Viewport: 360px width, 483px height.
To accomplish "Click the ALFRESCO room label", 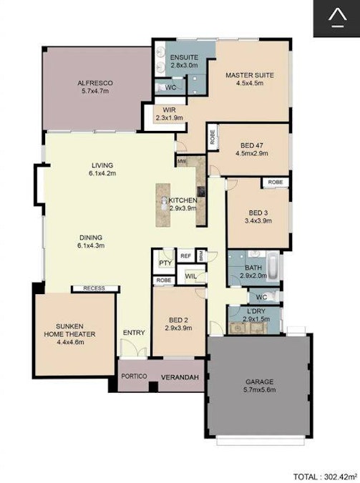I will click(x=97, y=87).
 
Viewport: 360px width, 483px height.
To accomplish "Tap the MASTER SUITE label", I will click(x=249, y=78).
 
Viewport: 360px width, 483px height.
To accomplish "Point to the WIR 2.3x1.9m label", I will click(x=169, y=114).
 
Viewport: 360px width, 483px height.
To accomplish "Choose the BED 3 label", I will click(x=257, y=217).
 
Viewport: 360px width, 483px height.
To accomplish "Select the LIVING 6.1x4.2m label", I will click(x=102, y=168).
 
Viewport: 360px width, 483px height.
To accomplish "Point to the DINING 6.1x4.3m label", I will click(x=91, y=241).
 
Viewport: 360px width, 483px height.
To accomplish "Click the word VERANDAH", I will click(x=178, y=378).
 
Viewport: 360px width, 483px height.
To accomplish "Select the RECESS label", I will click(x=94, y=288).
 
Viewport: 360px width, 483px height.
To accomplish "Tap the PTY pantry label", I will click(x=164, y=263).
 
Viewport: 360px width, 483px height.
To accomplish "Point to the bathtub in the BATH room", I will click(x=276, y=266).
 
